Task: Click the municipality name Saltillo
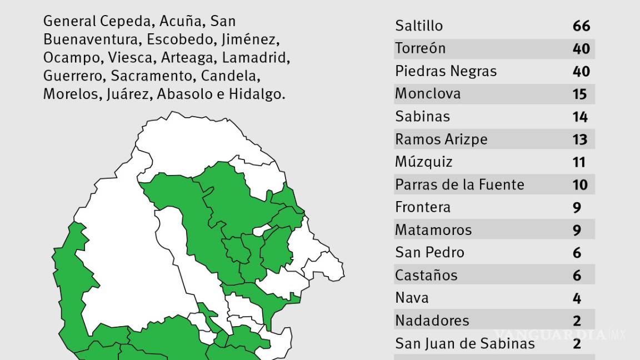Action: [419, 26]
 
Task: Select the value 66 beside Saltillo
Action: [581, 26]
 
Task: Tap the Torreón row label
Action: [421, 48]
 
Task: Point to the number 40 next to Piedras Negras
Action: [581, 72]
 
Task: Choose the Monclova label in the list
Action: [428, 94]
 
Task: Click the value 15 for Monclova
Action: [579, 94]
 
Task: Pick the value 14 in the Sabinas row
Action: [580, 117]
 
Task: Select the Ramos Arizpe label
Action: [441, 139]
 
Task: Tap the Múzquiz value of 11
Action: [579, 163]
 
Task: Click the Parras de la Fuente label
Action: [459, 184]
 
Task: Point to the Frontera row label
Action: [423, 207]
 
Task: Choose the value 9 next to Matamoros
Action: [577, 231]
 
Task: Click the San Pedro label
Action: [429, 253]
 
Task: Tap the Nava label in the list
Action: [412, 298]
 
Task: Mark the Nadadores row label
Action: [432, 321]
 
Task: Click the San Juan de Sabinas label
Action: [465, 344]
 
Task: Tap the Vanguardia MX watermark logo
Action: [559, 335]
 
